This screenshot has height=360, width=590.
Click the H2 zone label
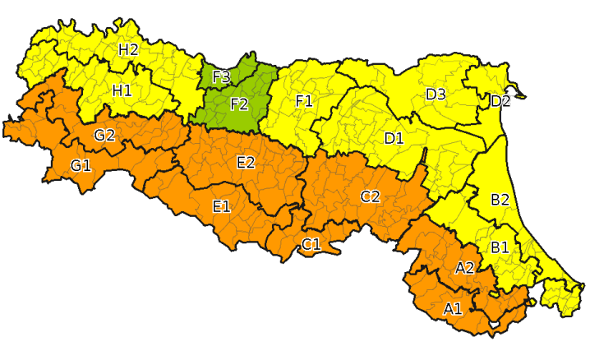127,49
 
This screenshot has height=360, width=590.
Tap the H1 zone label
122,90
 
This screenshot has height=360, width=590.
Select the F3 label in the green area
221,78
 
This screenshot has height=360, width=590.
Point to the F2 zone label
239,104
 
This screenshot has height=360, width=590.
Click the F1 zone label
304,101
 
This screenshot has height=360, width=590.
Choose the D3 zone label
436,95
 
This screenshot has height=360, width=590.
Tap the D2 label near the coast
500,102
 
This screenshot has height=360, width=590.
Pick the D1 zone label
394,138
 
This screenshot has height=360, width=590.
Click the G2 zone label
104,136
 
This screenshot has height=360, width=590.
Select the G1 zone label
81,166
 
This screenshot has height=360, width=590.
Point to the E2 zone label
245,163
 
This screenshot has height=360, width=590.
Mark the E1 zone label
221,205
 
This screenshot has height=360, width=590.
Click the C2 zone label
370,196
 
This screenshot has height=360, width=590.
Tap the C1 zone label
311,245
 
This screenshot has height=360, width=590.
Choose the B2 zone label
500,200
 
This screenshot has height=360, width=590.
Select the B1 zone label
500,247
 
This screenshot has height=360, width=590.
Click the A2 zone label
464,268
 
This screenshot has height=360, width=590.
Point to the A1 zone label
453,309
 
